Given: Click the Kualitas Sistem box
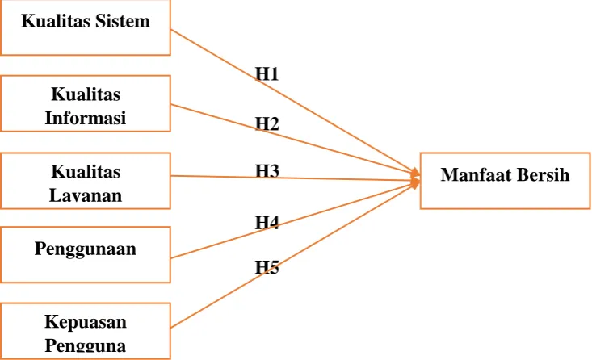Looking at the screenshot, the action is coord(86,27).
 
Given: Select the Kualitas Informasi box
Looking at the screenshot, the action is coord(86,103).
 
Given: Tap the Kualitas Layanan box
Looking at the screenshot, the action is coord(86,181).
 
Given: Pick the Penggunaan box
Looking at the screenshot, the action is coord(86,255).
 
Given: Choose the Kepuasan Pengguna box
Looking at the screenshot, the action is coord(86,331).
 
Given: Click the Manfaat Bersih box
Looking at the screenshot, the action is coord(505,181).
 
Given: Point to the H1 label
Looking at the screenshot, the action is coord(267,73).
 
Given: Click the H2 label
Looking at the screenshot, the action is coord(267,123).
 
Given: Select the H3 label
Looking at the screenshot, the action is coord(267,171).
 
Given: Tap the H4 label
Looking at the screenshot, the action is coord(267,223).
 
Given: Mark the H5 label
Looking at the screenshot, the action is coord(267,267).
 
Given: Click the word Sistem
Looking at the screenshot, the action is coord(123,21).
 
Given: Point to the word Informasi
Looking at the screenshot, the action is coord(86,118).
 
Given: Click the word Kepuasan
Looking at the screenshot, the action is coord(86,322).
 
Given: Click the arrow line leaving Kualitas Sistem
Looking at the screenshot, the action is coord(296,103).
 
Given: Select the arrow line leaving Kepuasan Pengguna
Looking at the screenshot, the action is coord(296,255).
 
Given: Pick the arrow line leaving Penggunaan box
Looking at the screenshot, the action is coord(296,220).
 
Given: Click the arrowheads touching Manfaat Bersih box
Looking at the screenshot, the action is coord(415,178).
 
